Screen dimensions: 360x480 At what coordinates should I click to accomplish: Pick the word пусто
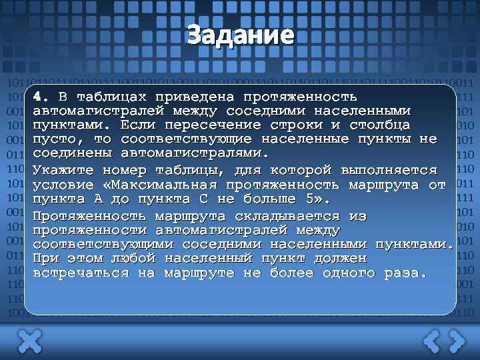click(58, 139)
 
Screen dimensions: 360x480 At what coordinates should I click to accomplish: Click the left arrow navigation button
click(432, 342)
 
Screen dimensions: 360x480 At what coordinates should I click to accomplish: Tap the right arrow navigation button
click(457, 342)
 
